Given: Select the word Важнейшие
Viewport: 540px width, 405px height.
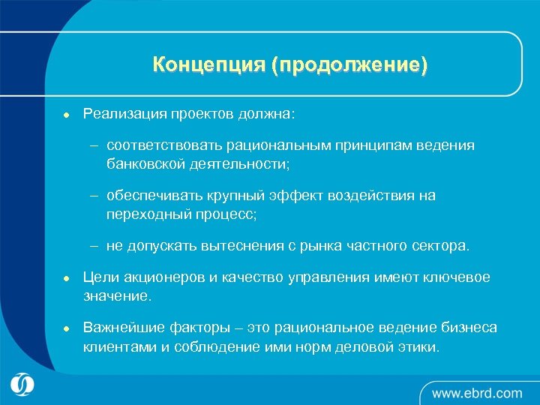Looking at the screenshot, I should coord(120,328).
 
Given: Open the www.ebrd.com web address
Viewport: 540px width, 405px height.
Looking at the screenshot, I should coord(476,392).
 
